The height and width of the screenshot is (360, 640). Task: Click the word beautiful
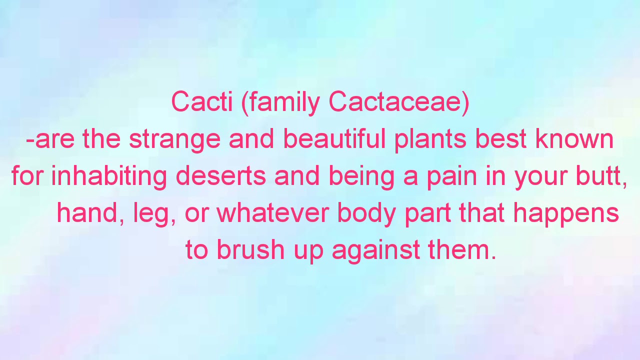(x=334, y=138)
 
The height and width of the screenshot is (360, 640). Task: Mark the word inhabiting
(x=108, y=176)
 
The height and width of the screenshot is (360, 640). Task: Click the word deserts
(x=220, y=176)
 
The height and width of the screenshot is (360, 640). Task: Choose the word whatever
(x=272, y=213)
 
